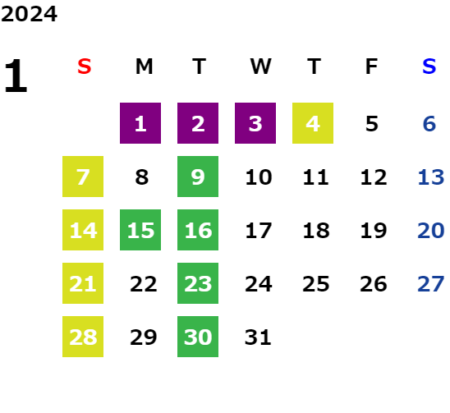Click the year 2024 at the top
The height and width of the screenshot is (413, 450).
29,14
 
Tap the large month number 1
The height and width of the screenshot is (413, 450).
16,76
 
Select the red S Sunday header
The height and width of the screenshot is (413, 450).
85,67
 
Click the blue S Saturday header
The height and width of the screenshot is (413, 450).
429,67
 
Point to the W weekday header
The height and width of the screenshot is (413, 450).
260,67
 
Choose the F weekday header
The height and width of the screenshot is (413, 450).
372,67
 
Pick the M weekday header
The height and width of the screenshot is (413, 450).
144,67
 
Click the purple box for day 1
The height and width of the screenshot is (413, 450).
140,123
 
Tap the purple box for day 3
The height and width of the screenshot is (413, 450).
255,123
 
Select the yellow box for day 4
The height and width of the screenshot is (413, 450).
313,123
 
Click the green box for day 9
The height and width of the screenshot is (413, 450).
198,177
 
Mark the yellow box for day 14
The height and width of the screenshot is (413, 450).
83,230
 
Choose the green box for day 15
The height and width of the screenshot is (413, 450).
140,230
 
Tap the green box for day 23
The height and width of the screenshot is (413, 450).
198,283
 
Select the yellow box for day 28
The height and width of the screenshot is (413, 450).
83,337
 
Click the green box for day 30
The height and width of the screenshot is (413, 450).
198,337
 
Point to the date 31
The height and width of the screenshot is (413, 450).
258,337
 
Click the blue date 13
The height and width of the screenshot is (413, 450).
431,177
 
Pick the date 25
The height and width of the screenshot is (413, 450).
316,284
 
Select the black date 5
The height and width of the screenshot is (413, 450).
372,124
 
